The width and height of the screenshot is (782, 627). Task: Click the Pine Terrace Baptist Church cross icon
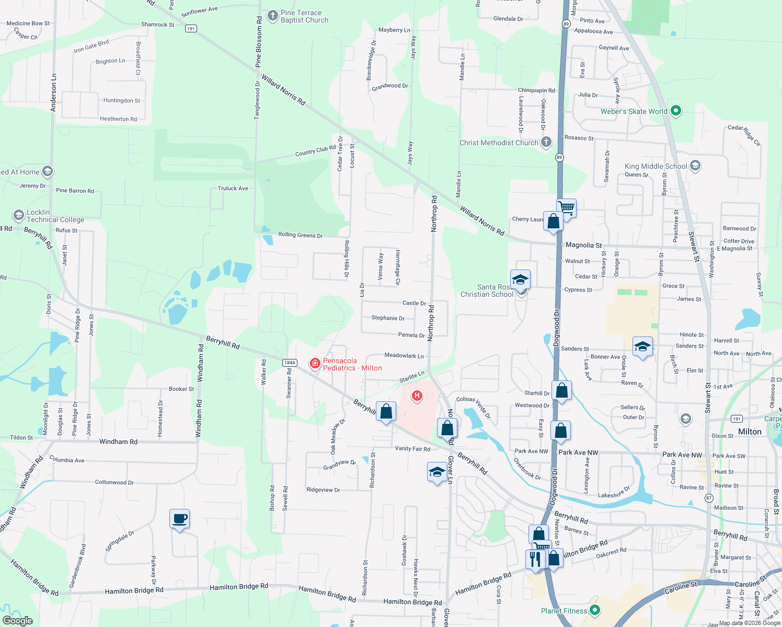coord(272,16)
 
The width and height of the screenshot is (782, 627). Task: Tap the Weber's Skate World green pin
coord(675,111)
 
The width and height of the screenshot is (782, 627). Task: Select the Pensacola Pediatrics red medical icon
coord(315,364)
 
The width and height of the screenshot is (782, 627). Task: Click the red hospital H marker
coord(417,396)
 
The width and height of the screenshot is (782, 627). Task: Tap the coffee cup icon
coord(179,519)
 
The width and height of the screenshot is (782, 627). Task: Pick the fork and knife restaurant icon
coord(535,559)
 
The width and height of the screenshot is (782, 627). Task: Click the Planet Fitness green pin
coord(594,610)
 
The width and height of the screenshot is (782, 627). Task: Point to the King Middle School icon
coord(695,166)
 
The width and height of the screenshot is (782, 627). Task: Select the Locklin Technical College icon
coord(19,215)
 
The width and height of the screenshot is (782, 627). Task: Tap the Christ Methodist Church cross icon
coord(546,142)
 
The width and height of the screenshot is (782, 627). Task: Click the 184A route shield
coord(290,363)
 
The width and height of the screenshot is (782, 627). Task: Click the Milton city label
coord(750,432)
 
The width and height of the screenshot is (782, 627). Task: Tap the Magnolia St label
coord(583,245)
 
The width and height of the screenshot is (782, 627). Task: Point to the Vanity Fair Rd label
coord(412,449)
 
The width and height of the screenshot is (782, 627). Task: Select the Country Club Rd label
coord(315,151)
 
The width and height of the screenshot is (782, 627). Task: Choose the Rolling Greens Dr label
coord(300,235)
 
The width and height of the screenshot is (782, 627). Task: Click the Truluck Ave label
coord(233,188)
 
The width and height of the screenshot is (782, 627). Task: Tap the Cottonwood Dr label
coord(114,482)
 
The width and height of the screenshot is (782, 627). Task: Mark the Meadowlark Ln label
coord(404,355)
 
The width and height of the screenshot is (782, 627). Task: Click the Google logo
coord(17,621)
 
